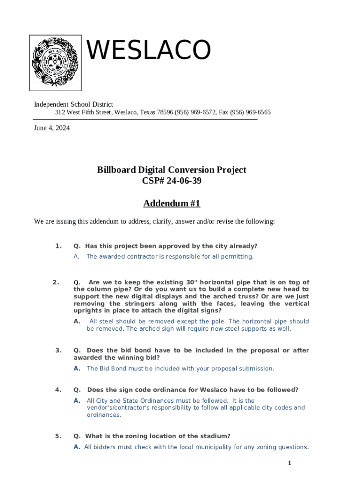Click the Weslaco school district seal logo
point(55,63)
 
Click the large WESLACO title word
point(149,50)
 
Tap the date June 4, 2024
point(52,128)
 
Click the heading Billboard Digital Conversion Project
point(172,170)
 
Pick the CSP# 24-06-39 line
point(172,181)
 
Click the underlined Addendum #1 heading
point(172,203)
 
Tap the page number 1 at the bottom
point(289,463)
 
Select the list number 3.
point(58,350)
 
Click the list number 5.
point(58,436)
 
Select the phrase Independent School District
point(73,104)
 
